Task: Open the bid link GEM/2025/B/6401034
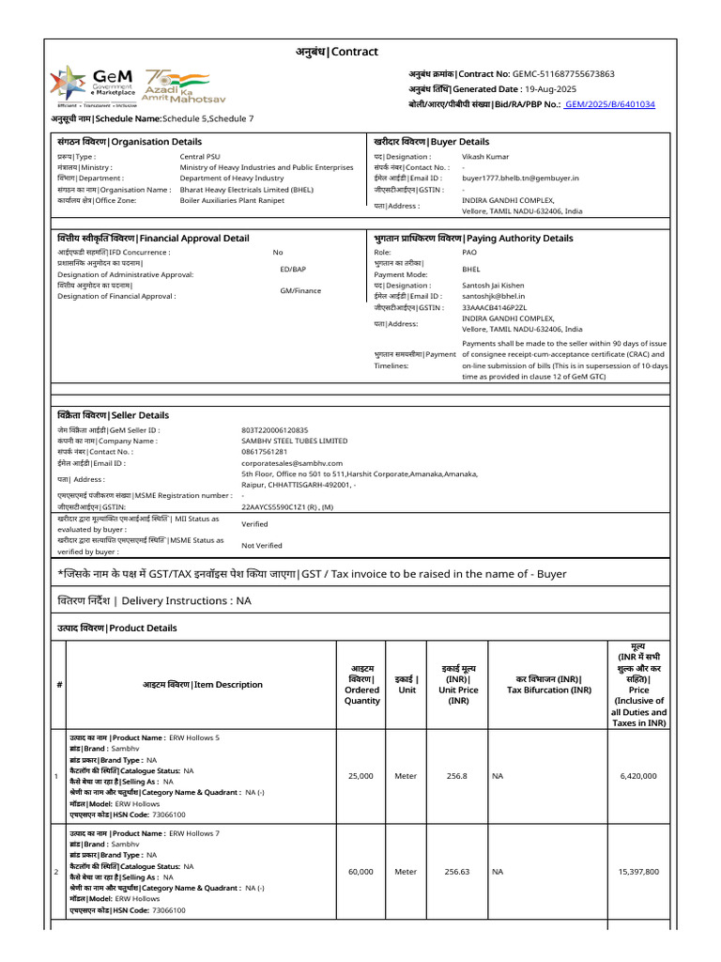[x=608, y=104]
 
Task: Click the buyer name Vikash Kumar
[x=486, y=157]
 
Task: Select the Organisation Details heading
[x=130, y=142]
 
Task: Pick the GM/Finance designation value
[x=300, y=291]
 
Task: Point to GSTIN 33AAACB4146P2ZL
[x=495, y=307]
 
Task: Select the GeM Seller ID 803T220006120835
[x=274, y=429]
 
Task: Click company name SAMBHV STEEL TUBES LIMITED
[x=294, y=441]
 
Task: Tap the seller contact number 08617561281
[x=264, y=452]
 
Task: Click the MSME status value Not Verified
[x=262, y=545]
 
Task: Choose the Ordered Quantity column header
[x=361, y=684]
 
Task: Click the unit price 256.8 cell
[x=457, y=776]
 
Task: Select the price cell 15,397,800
[x=638, y=872]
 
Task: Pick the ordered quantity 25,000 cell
[x=360, y=776]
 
